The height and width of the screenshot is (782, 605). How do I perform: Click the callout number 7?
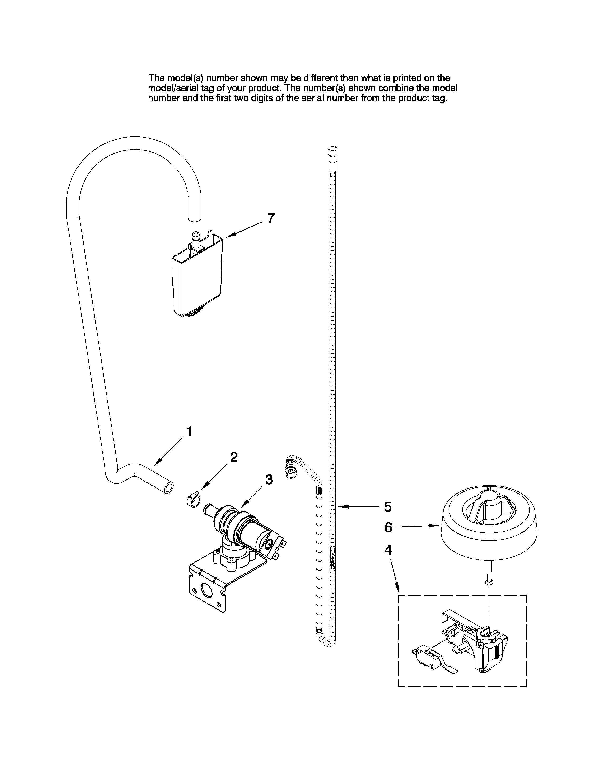[271, 218]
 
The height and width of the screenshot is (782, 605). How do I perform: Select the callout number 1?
[190, 432]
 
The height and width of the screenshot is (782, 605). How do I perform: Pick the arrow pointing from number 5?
[358, 507]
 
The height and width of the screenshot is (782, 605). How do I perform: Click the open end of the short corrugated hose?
[290, 474]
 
